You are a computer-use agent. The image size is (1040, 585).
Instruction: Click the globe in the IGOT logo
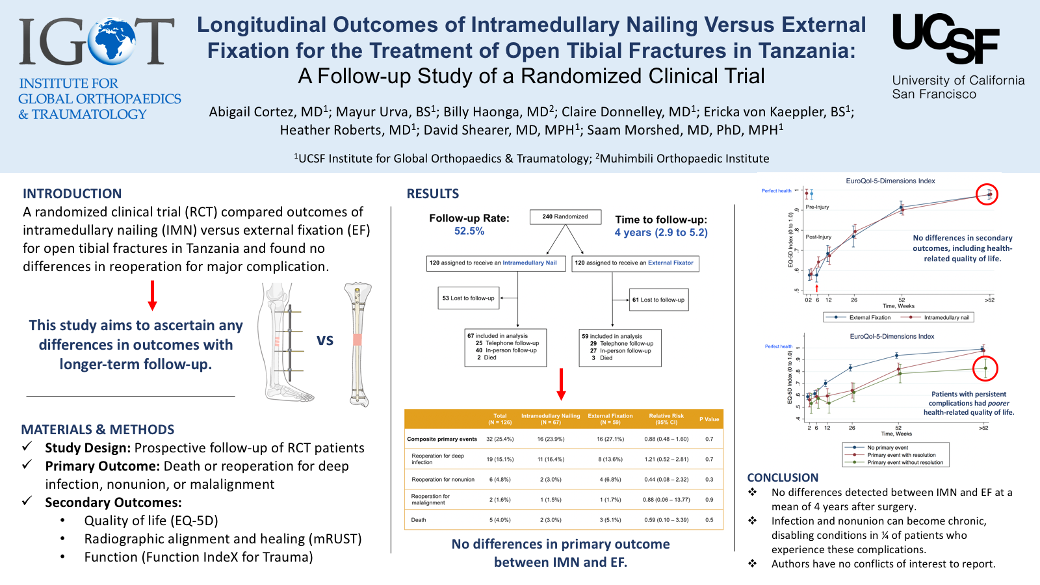[x=112, y=41]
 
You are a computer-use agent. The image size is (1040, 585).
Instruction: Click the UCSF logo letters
[x=946, y=38]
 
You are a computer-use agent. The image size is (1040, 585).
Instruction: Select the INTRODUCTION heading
[x=72, y=194]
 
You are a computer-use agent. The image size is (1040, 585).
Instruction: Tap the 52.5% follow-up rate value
[x=469, y=231]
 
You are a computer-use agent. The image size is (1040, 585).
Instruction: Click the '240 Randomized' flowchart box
[x=565, y=216]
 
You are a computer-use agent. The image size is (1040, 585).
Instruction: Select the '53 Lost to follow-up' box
[x=468, y=298]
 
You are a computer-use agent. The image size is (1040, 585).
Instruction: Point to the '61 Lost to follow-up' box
[x=658, y=300]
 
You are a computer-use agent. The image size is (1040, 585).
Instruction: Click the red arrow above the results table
[x=562, y=384]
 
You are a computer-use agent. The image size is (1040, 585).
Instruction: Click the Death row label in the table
[x=419, y=520]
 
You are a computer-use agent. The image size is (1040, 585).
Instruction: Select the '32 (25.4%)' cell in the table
[x=500, y=439]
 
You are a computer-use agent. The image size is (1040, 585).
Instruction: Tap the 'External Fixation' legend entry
[x=870, y=318]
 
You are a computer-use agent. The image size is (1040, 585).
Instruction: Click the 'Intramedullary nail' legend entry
[x=946, y=318]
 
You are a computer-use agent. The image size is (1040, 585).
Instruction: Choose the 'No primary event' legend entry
[x=887, y=448]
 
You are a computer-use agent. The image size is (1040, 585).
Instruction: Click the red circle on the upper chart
[x=987, y=194]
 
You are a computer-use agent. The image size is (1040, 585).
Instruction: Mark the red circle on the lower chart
[x=985, y=369]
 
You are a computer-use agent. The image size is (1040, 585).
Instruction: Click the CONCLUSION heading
[x=783, y=478]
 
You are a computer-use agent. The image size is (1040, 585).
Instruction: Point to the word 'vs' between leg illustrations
[x=325, y=340]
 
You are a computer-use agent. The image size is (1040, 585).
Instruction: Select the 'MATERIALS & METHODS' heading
[x=97, y=430]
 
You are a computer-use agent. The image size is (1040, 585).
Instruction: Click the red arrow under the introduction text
[x=153, y=296]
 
